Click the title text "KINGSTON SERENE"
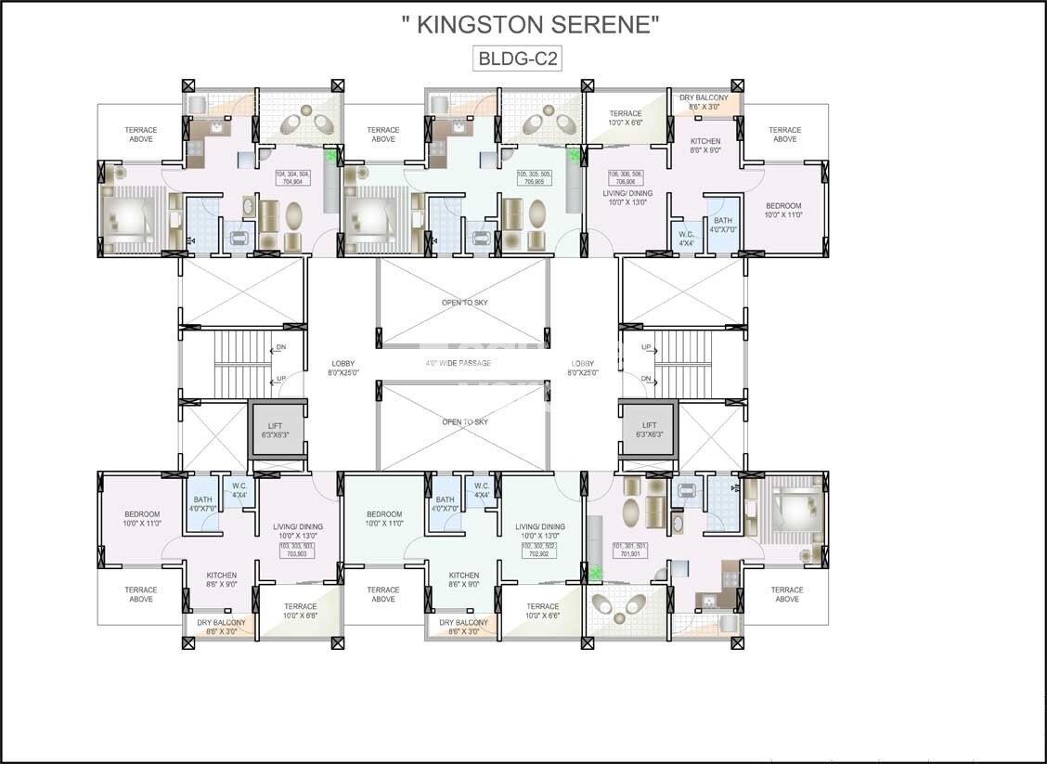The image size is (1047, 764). point(530,25)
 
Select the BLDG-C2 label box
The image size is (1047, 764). point(518,58)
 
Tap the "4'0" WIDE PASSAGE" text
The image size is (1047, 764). point(458,363)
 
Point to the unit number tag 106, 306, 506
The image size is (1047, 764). point(628,178)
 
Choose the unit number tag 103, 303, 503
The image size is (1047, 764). point(297,550)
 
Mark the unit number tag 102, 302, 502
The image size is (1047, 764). point(539,550)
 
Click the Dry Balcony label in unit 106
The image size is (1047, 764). point(704,102)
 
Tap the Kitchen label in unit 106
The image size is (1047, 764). point(704,145)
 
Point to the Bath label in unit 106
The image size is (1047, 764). point(722,225)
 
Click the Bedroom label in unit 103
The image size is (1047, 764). point(142,518)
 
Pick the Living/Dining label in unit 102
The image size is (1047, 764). point(539,530)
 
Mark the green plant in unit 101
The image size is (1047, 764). point(595,573)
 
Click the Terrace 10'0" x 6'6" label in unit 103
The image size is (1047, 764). point(300,611)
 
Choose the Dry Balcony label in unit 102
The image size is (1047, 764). point(463,627)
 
